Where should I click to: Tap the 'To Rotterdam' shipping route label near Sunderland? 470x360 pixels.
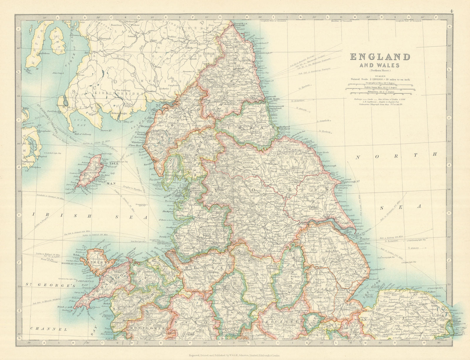[297, 101]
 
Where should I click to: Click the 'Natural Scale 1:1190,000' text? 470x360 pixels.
[380, 79]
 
